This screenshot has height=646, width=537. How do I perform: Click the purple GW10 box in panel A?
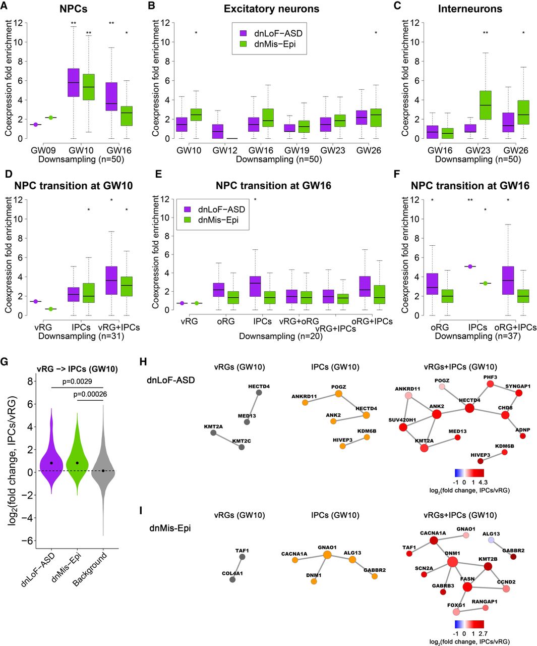[x=73, y=82]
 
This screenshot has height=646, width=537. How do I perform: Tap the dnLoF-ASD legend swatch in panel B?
[x=244, y=33]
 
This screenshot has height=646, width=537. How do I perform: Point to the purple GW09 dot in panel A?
[x=36, y=124]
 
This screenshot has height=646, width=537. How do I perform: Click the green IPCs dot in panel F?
[x=486, y=283]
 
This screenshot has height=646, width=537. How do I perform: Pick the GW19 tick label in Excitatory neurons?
[x=296, y=150]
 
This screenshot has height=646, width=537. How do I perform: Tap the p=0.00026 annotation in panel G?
[x=90, y=394]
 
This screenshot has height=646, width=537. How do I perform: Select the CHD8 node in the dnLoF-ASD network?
[x=506, y=415]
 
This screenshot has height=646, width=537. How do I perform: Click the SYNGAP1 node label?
[x=518, y=386]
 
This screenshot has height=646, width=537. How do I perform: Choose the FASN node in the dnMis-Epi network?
[x=467, y=587]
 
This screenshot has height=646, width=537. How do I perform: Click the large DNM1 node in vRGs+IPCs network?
[x=452, y=562]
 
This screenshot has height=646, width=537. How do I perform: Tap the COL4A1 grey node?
[x=232, y=580]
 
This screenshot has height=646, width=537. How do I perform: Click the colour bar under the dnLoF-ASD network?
[x=469, y=473]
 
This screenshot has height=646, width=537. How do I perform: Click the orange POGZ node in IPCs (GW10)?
[x=339, y=394]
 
